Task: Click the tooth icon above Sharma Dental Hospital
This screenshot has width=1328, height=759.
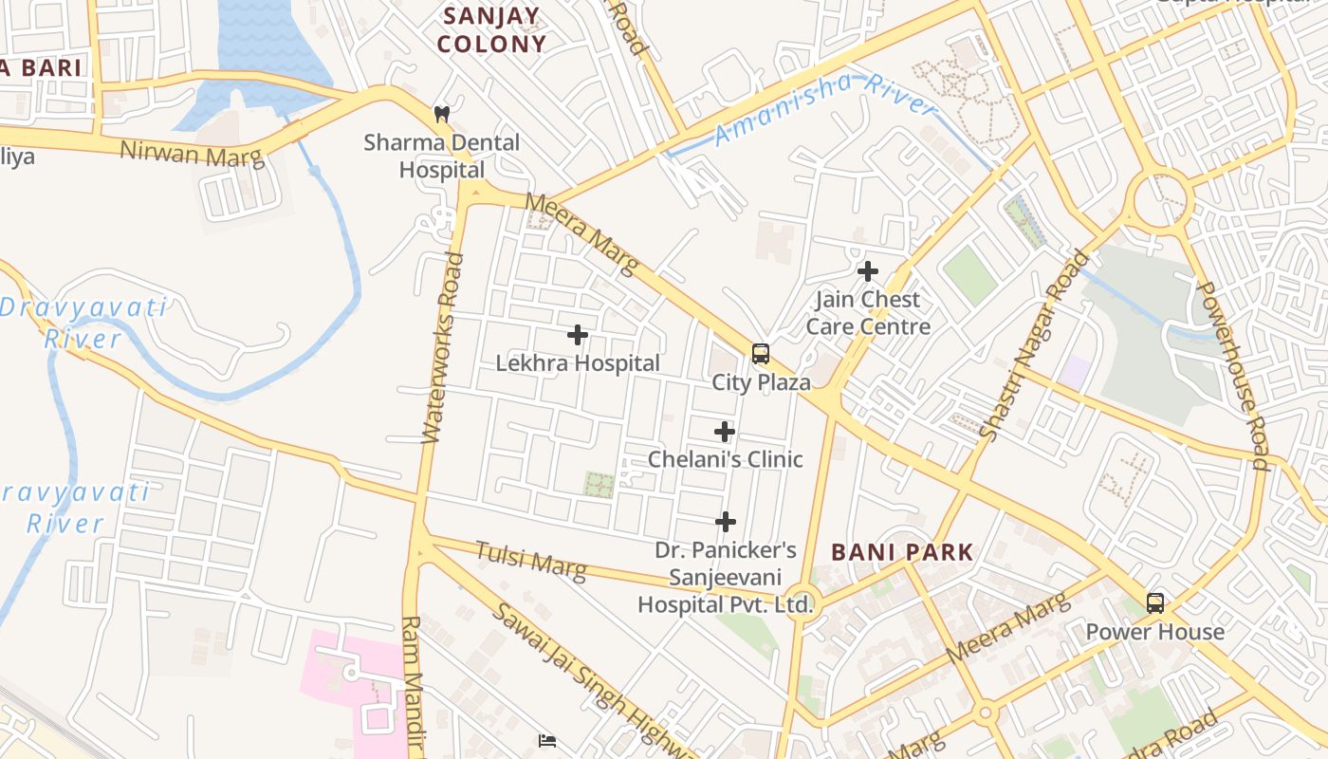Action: click(441, 114)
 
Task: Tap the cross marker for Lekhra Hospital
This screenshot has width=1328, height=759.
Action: click(577, 335)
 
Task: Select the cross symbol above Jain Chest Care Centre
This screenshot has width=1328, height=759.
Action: click(867, 271)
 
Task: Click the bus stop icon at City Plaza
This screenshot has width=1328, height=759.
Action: click(761, 354)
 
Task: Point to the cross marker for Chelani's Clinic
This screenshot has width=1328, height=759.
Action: click(725, 432)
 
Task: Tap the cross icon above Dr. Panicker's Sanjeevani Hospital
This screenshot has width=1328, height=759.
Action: click(726, 522)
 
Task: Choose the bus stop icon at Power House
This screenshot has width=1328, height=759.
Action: click(1155, 602)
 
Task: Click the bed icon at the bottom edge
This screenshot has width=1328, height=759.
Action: click(546, 741)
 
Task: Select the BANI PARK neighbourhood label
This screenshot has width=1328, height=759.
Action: click(902, 552)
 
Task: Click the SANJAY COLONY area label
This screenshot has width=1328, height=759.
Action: click(491, 29)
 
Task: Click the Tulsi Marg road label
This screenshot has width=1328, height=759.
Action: click(530, 560)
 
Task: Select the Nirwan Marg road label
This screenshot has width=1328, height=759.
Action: click(192, 153)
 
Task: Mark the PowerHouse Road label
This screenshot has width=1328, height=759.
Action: click(1232, 375)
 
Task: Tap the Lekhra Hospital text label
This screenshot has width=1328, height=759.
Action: click(578, 363)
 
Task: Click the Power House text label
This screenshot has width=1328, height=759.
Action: click(1154, 632)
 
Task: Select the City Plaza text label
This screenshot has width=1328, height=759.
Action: click(762, 382)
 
